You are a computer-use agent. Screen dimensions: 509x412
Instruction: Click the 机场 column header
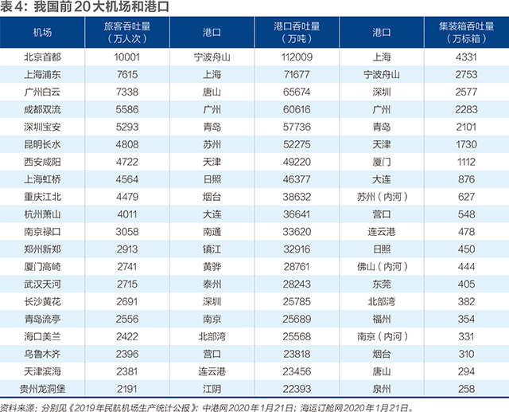(x=42, y=33)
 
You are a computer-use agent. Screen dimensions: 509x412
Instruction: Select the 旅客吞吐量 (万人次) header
(x=127, y=33)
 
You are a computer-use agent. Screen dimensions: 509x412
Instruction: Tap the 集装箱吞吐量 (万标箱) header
(x=467, y=33)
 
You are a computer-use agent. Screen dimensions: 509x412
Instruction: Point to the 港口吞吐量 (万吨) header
(x=297, y=33)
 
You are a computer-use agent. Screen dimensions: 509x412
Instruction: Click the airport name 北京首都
(x=42, y=57)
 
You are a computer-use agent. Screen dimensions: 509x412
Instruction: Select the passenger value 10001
(x=127, y=57)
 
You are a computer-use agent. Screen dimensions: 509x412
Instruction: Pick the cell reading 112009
(x=297, y=57)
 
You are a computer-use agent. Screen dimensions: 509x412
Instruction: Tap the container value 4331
(x=466, y=57)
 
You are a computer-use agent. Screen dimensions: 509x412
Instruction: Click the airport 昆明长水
(x=42, y=144)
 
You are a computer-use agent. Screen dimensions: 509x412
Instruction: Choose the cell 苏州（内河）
(x=382, y=197)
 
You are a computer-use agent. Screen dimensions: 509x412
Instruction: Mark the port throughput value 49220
(x=297, y=162)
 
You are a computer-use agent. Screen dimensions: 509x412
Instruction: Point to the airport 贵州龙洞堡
(x=42, y=389)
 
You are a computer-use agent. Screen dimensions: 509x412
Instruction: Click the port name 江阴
(x=212, y=389)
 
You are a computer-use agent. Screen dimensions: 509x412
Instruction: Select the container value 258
(x=466, y=389)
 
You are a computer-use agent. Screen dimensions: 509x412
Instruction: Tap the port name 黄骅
(x=212, y=267)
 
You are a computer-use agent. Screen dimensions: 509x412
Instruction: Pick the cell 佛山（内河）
(x=382, y=267)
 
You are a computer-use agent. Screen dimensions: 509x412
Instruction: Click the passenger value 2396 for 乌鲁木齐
(x=127, y=354)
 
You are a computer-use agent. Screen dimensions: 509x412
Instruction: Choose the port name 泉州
(x=382, y=389)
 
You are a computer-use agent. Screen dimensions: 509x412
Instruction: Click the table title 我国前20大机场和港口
(x=101, y=7)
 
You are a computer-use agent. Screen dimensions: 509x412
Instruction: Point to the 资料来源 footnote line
(x=207, y=407)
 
